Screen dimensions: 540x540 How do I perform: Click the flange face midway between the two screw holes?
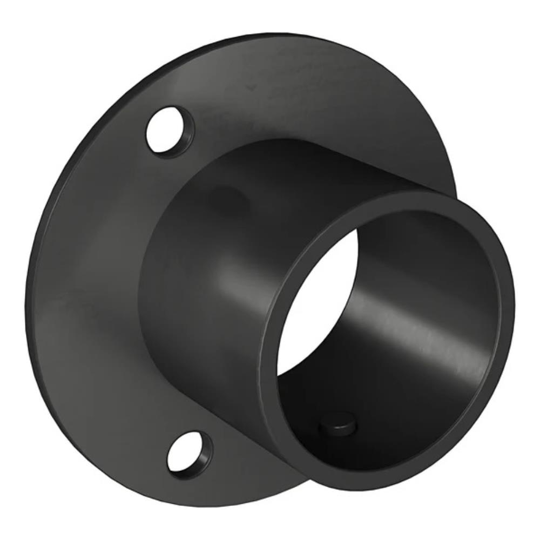pyautogui.click(x=97, y=292)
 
